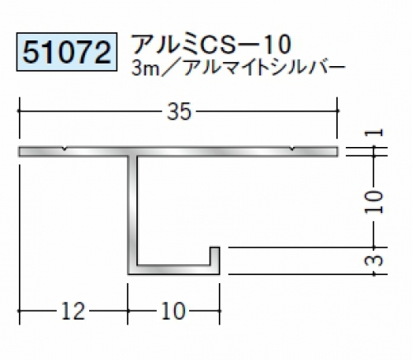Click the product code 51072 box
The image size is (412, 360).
click(x=67, y=52)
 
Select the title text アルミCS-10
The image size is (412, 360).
click(x=211, y=44)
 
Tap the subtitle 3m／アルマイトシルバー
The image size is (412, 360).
click(x=239, y=68)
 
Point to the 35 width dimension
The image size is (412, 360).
click(x=179, y=111)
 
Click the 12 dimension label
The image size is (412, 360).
click(x=73, y=311)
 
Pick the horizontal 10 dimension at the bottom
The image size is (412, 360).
click(x=173, y=311)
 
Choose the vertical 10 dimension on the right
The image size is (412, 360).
click(x=374, y=201)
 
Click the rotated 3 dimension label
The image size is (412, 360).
click(x=374, y=260)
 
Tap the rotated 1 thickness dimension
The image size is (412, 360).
click(x=374, y=133)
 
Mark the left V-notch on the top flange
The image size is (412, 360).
click(x=64, y=149)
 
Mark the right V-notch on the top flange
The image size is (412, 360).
click(x=293, y=149)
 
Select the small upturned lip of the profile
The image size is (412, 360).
click(x=215, y=256)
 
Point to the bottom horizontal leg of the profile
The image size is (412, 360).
click(x=173, y=270)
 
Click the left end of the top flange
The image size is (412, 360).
click(x=19, y=151)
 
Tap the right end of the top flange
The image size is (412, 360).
click(x=338, y=151)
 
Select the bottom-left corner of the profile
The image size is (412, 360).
click(x=128, y=274)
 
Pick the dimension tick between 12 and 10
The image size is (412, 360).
click(x=128, y=311)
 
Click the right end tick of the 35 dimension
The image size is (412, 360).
click(x=338, y=111)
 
